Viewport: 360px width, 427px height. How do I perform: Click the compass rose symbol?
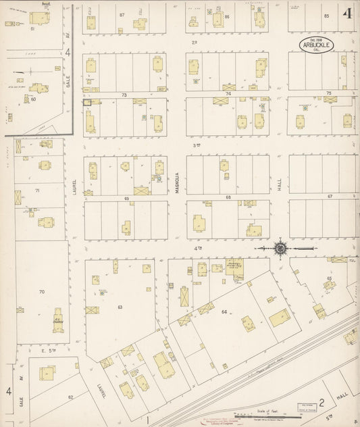click(x=280, y=248)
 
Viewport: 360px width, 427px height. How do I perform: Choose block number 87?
click(x=122, y=14)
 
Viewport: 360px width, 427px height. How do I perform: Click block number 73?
click(x=124, y=95)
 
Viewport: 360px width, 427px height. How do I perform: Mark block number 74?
click(x=228, y=94)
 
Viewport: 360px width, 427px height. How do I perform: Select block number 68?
click(x=228, y=197)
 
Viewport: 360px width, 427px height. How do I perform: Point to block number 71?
click(x=38, y=191)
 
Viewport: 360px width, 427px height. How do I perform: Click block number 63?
click(x=120, y=307)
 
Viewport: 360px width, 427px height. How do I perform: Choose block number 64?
click(x=224, y=311)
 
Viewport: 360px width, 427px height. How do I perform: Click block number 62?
click(x=70, y=397)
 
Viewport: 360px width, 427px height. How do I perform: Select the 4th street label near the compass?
click(x=199, y=248)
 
